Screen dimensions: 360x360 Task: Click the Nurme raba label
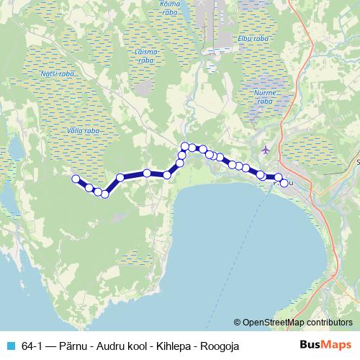264,97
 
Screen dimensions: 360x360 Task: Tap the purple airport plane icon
267,150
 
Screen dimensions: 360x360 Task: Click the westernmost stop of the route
74,179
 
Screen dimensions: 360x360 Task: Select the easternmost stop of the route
284,183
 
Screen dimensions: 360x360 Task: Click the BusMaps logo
326,346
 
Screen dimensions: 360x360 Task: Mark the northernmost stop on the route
185,146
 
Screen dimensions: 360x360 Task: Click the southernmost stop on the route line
105,194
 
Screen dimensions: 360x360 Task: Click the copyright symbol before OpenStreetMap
237,323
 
